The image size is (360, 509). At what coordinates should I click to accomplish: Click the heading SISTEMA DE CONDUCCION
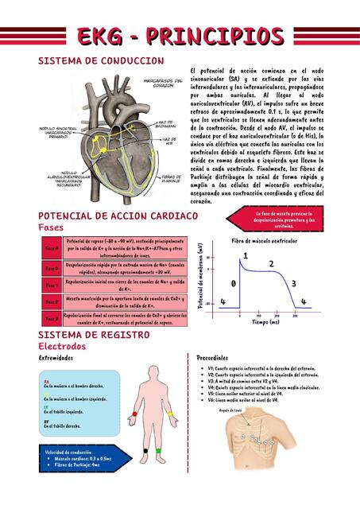coord(101,61)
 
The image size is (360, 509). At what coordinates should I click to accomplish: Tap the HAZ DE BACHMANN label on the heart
coord(165,125)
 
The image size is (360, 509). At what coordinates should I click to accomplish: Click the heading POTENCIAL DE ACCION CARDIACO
coord(118,216)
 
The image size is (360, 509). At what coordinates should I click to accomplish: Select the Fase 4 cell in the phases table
coord(52,248)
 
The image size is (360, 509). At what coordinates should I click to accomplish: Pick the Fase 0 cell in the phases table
coord(52,268)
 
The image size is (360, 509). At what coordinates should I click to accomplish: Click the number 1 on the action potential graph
coord(246,255)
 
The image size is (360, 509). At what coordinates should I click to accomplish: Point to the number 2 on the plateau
coord(271,264)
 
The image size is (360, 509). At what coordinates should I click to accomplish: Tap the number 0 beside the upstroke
coord(233,284)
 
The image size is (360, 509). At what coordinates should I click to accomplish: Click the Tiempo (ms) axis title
coord(265,323)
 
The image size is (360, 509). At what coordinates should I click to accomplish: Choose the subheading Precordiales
coord(212,359)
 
